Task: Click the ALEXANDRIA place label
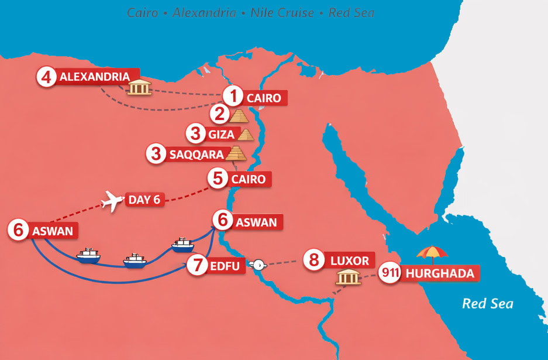click(94, 77)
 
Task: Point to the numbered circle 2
click(220, 114)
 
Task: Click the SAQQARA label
click(196, 154)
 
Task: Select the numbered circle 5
click(218, 178)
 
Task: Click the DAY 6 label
click(144, 201)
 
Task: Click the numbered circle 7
click(198, 266)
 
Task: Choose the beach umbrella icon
click(432, 254)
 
